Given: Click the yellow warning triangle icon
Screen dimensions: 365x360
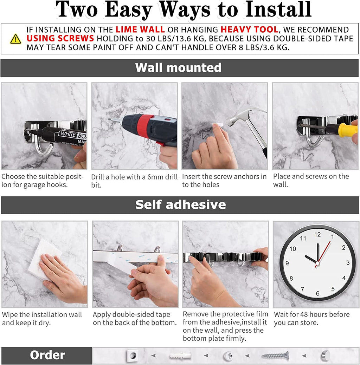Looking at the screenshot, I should (x=15, y=39).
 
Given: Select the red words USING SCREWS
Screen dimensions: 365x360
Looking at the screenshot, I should (x=60, y=39).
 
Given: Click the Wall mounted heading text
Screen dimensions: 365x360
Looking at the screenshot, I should (x=178, y=67).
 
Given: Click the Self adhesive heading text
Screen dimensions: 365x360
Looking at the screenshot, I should (x=180, y=204).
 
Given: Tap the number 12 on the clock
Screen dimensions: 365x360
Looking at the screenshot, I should (x=317, y=235).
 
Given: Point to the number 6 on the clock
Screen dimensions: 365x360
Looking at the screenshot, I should (x=317, y=293).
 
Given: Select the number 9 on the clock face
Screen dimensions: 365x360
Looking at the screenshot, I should (x=287, y=263).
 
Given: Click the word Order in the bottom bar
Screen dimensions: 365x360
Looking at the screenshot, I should (x=47, y=355).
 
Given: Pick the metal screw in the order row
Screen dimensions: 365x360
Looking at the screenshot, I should (x=275, y=356).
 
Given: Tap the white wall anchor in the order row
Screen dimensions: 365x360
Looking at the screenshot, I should (x=180, y=356).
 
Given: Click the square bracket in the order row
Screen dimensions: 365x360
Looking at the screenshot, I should (x=133, y=356).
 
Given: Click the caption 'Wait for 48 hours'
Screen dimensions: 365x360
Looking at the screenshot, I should (x=311, y=314).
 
